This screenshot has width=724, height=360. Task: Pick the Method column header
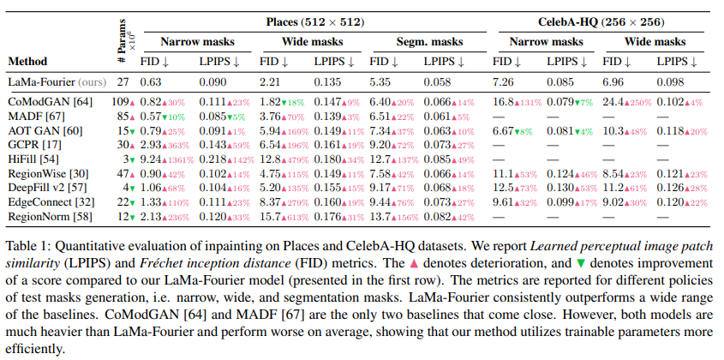click(x=27, y=61)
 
